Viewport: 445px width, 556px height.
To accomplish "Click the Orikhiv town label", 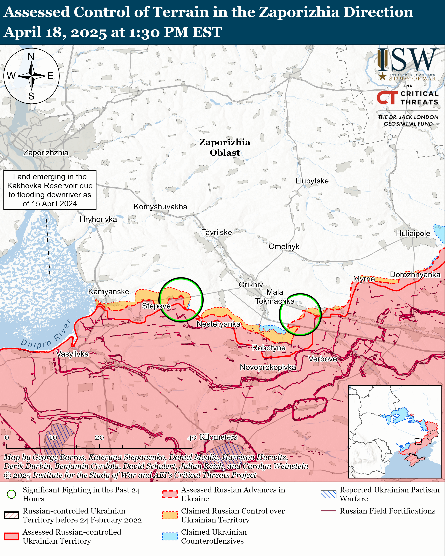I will click(251, 285).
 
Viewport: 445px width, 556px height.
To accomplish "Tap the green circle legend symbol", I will click(11, 494).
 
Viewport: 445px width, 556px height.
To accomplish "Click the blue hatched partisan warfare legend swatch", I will click(328, 494).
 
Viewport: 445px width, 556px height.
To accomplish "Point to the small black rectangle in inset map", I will click(418, 441).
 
